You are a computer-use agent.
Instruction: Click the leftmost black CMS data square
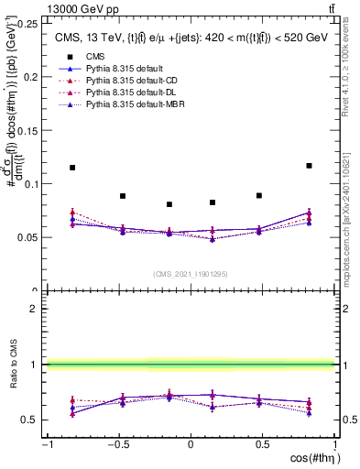pyautogui.click(x=72, y=168)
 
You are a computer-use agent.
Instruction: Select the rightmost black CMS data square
pyautogui.click(x=309, y=166)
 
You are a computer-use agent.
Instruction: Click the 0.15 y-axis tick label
pyautogui.click(x=29, y=130)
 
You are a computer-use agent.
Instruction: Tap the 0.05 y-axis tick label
pyautogui.click(x=29, y=237)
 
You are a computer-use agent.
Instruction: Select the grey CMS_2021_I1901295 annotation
pyautogui.click(x=190, y=274)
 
